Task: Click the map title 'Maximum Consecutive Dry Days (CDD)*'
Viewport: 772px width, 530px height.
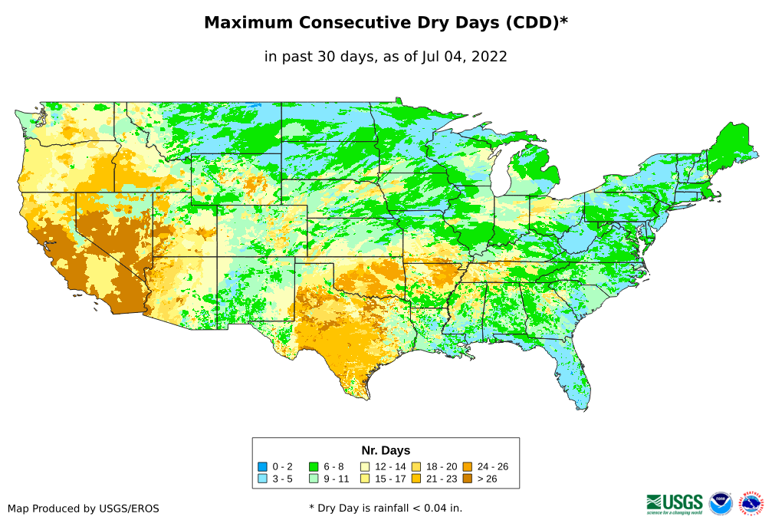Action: [x=386, y=23]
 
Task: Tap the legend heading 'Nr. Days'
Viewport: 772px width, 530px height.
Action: [x=386, y=450]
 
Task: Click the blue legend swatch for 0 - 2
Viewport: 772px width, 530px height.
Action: [x=262, y=466]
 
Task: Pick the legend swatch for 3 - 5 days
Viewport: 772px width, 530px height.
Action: [x=262, y=479]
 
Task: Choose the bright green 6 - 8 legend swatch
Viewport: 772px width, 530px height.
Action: [x=314, y=466]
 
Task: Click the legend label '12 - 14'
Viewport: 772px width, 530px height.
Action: [x=390, y=466]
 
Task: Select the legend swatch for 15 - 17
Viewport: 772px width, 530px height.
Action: [x=365, y=479]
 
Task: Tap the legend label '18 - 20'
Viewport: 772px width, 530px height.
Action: [x=441, y=466]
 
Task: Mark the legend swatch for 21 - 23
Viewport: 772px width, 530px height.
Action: [x=416, y=479]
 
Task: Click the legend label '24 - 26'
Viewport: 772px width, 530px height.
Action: [x=492, y=466]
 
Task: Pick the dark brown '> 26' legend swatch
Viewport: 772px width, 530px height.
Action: [x=467, y=479]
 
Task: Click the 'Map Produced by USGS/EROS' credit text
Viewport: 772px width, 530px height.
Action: [x=84, y=509]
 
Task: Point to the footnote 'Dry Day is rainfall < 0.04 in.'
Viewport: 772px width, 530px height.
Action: [x=386, y=508]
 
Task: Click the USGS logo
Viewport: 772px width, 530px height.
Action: [x=675, y=503]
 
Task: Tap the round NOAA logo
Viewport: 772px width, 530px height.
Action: [x=721, y=504]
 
